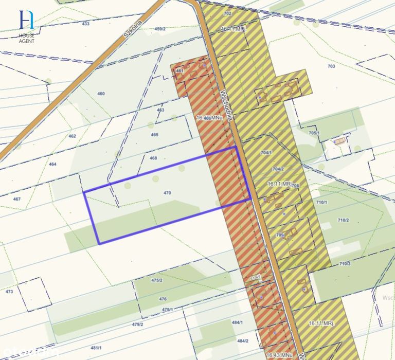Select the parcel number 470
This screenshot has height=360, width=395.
point(167,193)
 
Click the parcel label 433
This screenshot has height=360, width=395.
point(85,24)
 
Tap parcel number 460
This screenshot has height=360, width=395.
point(101,94)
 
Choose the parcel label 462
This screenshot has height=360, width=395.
point(72,136)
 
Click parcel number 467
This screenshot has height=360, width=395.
point(17,199)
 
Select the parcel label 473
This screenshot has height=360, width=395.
point(9,292)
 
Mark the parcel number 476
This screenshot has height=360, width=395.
point(163,299)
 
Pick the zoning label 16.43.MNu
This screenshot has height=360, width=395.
point(280,355)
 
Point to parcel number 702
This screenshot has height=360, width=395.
point(228,13)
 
